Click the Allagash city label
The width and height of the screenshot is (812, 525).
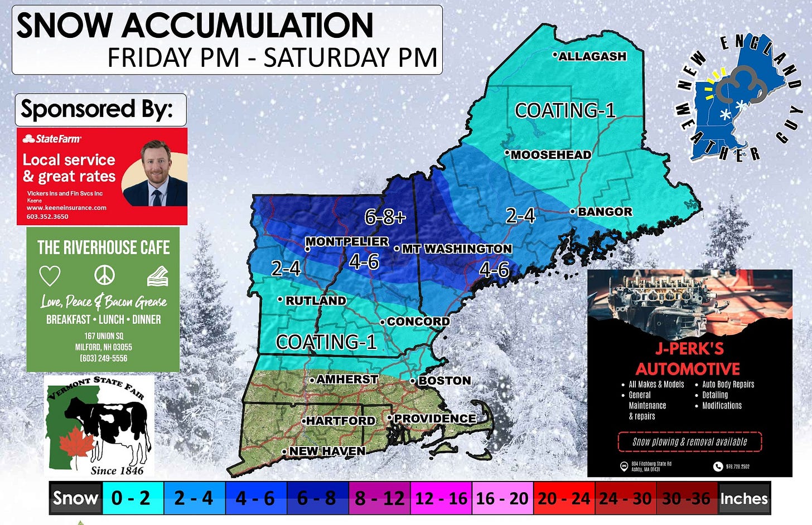[592, 56]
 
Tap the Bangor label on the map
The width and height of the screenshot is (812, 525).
[605, 212]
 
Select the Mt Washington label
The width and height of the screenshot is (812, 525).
[456, 249]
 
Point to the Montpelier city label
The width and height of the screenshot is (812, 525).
[347, 241]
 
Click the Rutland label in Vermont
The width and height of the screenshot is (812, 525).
[315, 300]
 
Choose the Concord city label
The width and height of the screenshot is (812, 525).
[418, 322]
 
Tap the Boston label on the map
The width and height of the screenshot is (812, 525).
[444, 381]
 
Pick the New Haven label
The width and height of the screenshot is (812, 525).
[327, 451]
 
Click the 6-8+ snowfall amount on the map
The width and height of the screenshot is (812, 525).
[385, 217]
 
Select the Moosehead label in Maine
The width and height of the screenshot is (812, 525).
[550, 155]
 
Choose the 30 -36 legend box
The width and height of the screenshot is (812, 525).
[686, 498]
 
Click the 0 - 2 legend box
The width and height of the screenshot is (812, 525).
[130, 498]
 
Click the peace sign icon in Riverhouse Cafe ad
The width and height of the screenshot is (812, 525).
[104, 275]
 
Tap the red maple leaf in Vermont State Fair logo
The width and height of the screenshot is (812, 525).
[77, 446]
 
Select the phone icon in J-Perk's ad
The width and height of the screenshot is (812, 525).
[718, 466]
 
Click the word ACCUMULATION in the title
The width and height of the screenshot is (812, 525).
[248, 26]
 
